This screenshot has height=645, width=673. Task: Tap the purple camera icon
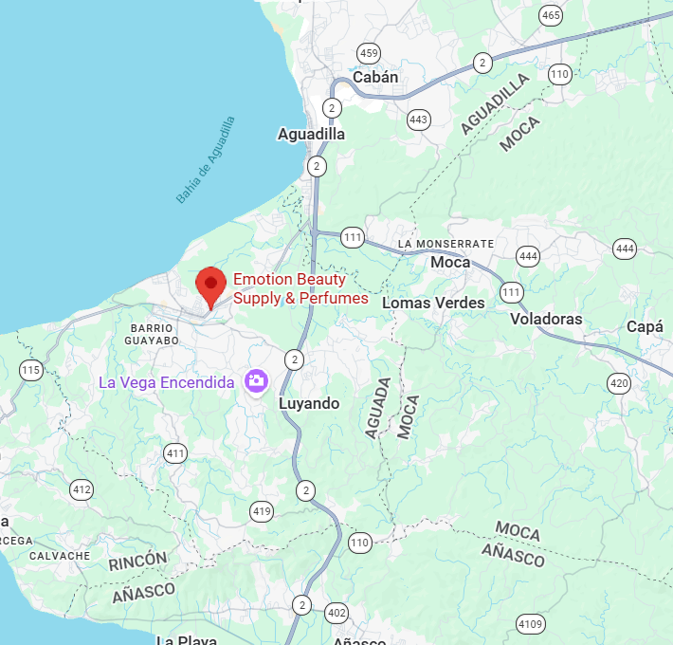pos(256,382)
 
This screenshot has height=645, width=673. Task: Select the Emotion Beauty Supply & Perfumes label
pos(300,289)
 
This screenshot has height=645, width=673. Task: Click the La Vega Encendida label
pos(167,382)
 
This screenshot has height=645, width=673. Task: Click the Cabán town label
pos(375,77)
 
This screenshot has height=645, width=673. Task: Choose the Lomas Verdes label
pos(433,303)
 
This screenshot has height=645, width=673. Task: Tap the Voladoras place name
pos(546,319)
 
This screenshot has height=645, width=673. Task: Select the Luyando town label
pos(309,403)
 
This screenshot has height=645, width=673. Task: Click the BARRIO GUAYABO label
pos(152,333)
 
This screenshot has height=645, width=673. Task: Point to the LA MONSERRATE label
pos(446,244)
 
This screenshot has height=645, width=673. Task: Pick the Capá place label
pos(645,326)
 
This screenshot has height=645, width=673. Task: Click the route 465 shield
pos(551,15)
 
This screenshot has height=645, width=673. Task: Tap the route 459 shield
pos(369,52)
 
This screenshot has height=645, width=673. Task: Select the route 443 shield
pos(419,120)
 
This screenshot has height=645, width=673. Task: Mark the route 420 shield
pos(619,383)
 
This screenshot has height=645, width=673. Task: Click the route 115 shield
pos(31,370)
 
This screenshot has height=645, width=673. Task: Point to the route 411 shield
pos(175,453)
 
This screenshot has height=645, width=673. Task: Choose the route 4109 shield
pos(531,623)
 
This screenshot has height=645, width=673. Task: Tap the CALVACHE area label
pos(60,556)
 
